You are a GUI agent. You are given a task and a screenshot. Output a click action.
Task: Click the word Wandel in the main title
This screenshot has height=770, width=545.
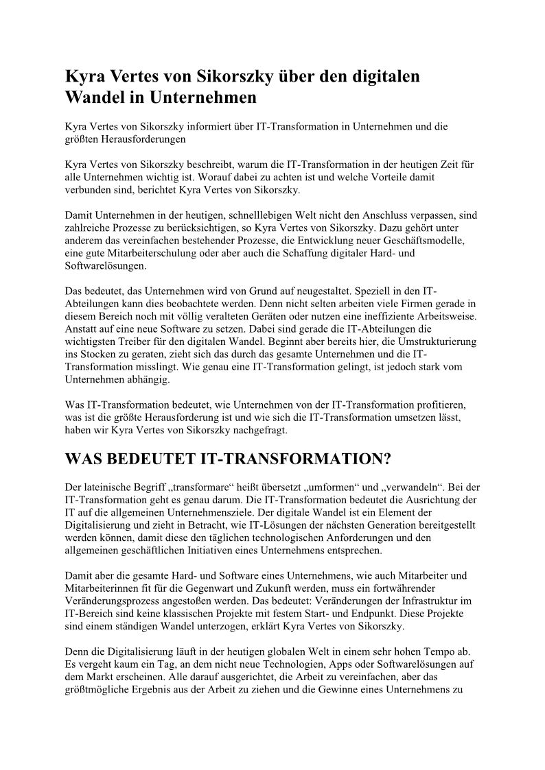93,97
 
